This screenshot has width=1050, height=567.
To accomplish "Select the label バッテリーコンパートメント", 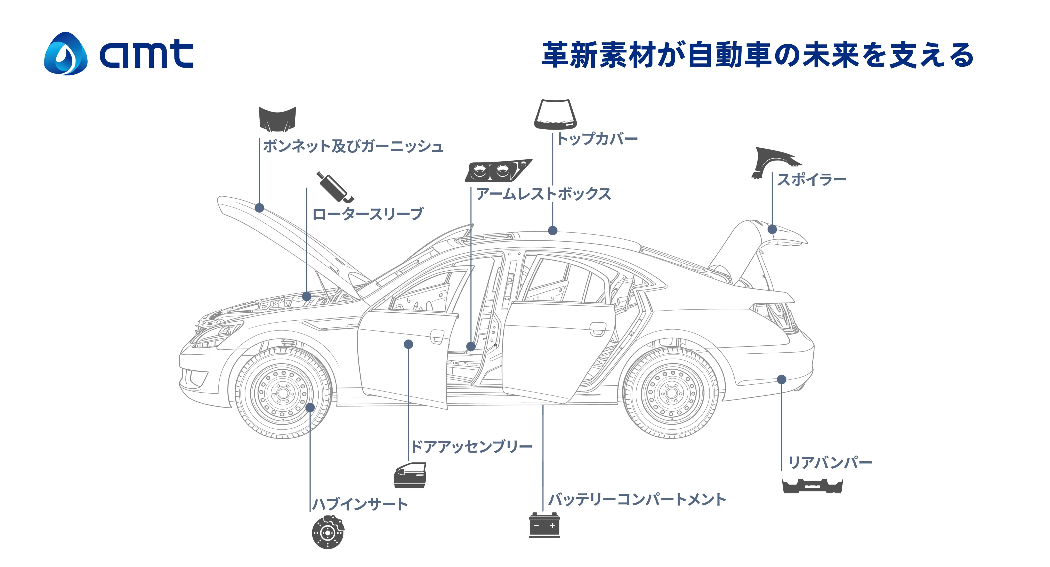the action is tap(637, 499).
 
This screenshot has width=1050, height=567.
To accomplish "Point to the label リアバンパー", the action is tap(830, 463).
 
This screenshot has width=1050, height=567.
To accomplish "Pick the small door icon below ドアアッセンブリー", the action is tap(410, 475).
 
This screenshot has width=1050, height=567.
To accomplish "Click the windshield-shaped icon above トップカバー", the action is tap(556, 114).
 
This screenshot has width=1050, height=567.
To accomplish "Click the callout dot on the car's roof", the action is tap(553, 231).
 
